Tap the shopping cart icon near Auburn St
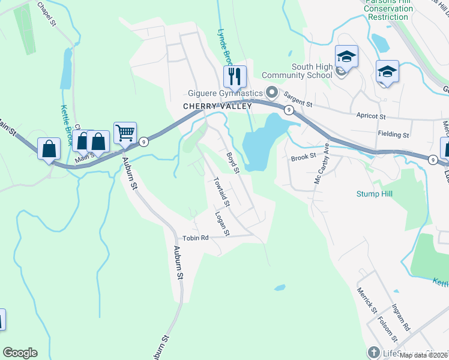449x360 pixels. (125, 133)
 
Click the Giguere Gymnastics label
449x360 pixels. (224, 93)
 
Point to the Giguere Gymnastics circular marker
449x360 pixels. (272, 92)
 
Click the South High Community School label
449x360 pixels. (312, 71)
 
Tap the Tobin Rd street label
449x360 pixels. (196, 237)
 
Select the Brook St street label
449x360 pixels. (303, 157)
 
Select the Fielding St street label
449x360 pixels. (393, 134)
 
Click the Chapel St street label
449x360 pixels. (46, 13)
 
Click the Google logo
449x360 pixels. (20, 353)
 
